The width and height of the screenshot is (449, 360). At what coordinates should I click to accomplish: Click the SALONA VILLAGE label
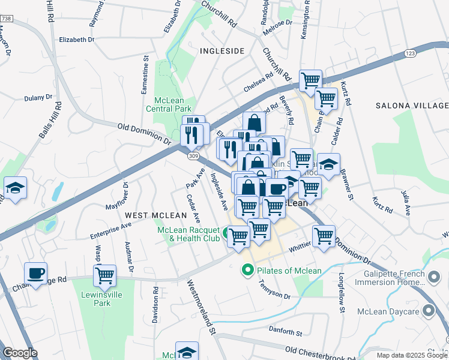[412, 106]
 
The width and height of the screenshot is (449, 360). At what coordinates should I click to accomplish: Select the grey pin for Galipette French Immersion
[431, 277]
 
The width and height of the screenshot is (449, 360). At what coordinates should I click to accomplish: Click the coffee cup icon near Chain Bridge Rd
[36, 274]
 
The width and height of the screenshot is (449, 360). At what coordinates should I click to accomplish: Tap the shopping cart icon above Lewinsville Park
[105, 276]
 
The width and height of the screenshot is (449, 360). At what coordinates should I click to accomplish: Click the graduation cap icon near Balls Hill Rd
[15, 188]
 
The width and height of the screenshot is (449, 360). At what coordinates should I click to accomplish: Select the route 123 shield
[410, 53]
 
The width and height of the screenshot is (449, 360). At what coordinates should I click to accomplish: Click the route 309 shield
[192, 156]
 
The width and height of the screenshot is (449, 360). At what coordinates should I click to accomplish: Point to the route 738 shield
[6, 19]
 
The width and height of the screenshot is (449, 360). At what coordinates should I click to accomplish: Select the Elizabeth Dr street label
[77, 40]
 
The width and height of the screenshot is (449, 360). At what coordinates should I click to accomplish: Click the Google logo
[20, 353]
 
